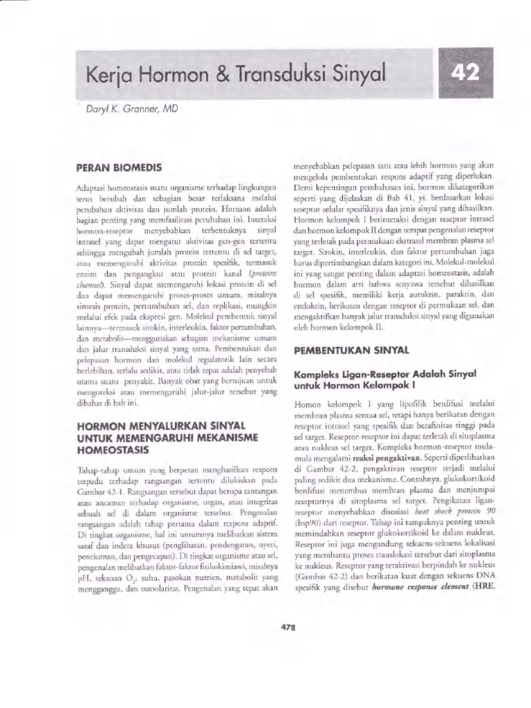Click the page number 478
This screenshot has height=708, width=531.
pos(288,627)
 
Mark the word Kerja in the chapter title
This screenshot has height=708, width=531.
pos(108,74)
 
